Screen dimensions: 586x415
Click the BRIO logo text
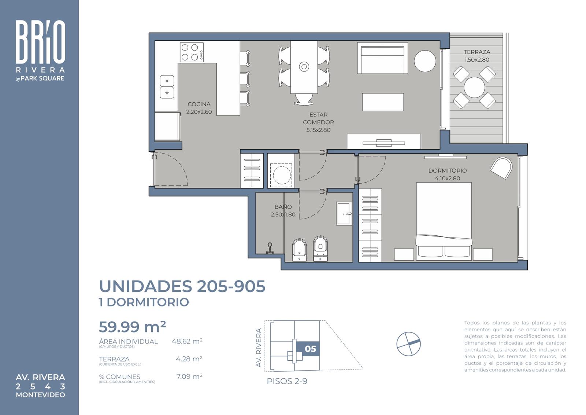(40, 42)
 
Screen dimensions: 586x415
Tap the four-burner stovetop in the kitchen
(192, 52)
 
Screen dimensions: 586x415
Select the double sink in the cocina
(167, 87)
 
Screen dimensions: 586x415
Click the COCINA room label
(199, 104)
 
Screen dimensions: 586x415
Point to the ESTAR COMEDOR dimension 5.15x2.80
(318, 130)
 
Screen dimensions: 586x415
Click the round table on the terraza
(474, 87)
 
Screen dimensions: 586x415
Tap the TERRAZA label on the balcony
(476, 52)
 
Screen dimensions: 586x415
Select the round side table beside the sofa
(425, 61)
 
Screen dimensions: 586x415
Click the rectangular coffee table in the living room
(383, 102)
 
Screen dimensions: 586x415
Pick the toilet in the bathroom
(320, 248)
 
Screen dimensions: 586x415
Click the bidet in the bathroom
(299, 250)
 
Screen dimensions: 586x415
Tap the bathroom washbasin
(344, 213)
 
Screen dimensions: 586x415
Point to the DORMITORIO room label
(447, 171)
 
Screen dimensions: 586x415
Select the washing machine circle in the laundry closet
(281, 175)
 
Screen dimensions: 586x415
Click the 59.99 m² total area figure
(132, 327)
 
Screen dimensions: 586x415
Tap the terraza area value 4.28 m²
(189, 359)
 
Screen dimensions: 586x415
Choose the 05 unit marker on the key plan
(310, 349)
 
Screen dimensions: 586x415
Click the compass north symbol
(408, 344)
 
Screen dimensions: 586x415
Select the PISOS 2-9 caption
(287, 381)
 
